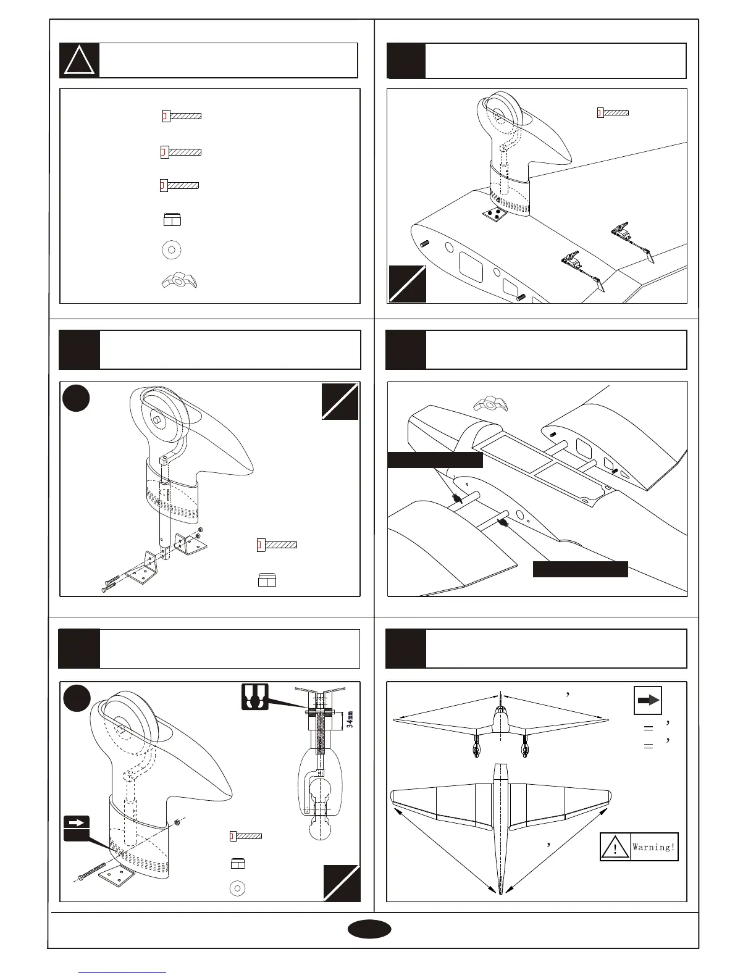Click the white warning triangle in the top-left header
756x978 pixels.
pyautogui.click(x=80, y=61)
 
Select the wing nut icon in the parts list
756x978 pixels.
pyautogui.click(x=178, y=282)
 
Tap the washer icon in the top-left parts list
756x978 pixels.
pyautogui.click(x=171, y=250)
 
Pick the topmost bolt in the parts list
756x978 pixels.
pyautogui.click(x=182, y=116)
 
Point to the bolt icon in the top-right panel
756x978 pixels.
pyautogui.click(x=613, y=112)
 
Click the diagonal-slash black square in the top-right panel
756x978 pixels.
pyautogui.click(x=408, y=284)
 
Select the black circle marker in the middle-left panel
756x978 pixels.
pyautogui.click(x=77, y=398)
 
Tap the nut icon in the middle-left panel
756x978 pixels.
pyautogui.click(x=267, y=580)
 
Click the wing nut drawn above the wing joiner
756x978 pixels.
pyautogui.click(x=490, y=405)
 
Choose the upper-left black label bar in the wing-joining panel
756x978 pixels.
pyautogui.click(x=435, y=460)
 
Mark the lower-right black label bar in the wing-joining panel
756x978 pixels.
pyautogui.click(x=581, y=569)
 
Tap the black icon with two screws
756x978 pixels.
pyautogui.click(x=254, y=696)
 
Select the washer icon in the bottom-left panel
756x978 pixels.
pyautogui.click(x=237, y=888)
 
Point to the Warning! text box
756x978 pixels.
pyautogui.click(x=639, y=847)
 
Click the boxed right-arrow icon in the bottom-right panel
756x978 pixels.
pyautogui.click(x=648, y=700)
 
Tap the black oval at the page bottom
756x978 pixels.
pyautogui.click(x=369, y=930)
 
